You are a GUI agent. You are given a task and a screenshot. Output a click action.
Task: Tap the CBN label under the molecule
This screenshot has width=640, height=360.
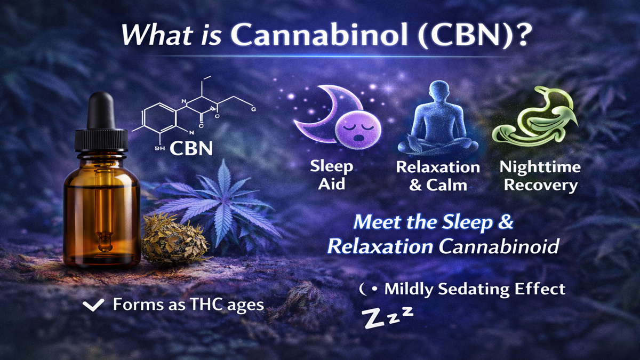coord(191,148)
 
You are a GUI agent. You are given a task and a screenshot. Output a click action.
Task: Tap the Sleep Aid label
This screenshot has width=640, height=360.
coord(332,175)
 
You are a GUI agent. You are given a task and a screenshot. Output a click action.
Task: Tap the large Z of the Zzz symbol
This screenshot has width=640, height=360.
coord(372,318)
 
